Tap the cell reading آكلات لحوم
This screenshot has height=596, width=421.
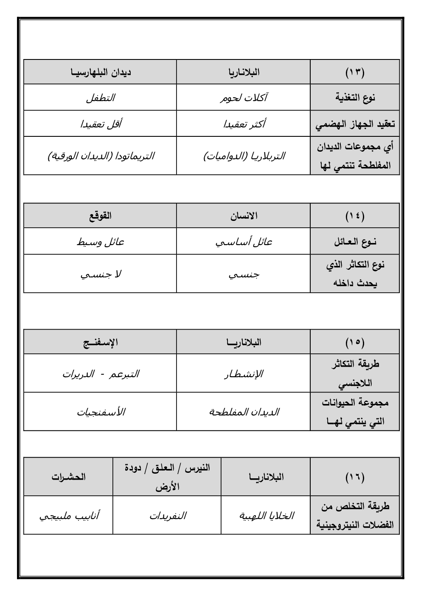244,98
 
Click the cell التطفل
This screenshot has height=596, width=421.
101,98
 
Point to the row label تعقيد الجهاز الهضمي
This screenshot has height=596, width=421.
355,124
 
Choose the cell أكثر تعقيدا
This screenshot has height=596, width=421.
244,124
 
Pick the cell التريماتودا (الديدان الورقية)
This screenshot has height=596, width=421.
101,156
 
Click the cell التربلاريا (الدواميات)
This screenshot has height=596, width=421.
244,156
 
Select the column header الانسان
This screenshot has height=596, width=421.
244,216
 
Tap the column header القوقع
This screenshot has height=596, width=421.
101,216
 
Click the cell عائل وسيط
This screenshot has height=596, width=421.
101,242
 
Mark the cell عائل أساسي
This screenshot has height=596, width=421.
244,242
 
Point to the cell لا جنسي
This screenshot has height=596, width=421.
101,274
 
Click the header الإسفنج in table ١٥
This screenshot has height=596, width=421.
101,342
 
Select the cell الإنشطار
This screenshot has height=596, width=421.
244,374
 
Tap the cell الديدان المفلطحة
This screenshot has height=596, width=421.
244,412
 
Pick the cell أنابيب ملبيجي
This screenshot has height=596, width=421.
69,516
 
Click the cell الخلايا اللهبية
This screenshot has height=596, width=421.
266,516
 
